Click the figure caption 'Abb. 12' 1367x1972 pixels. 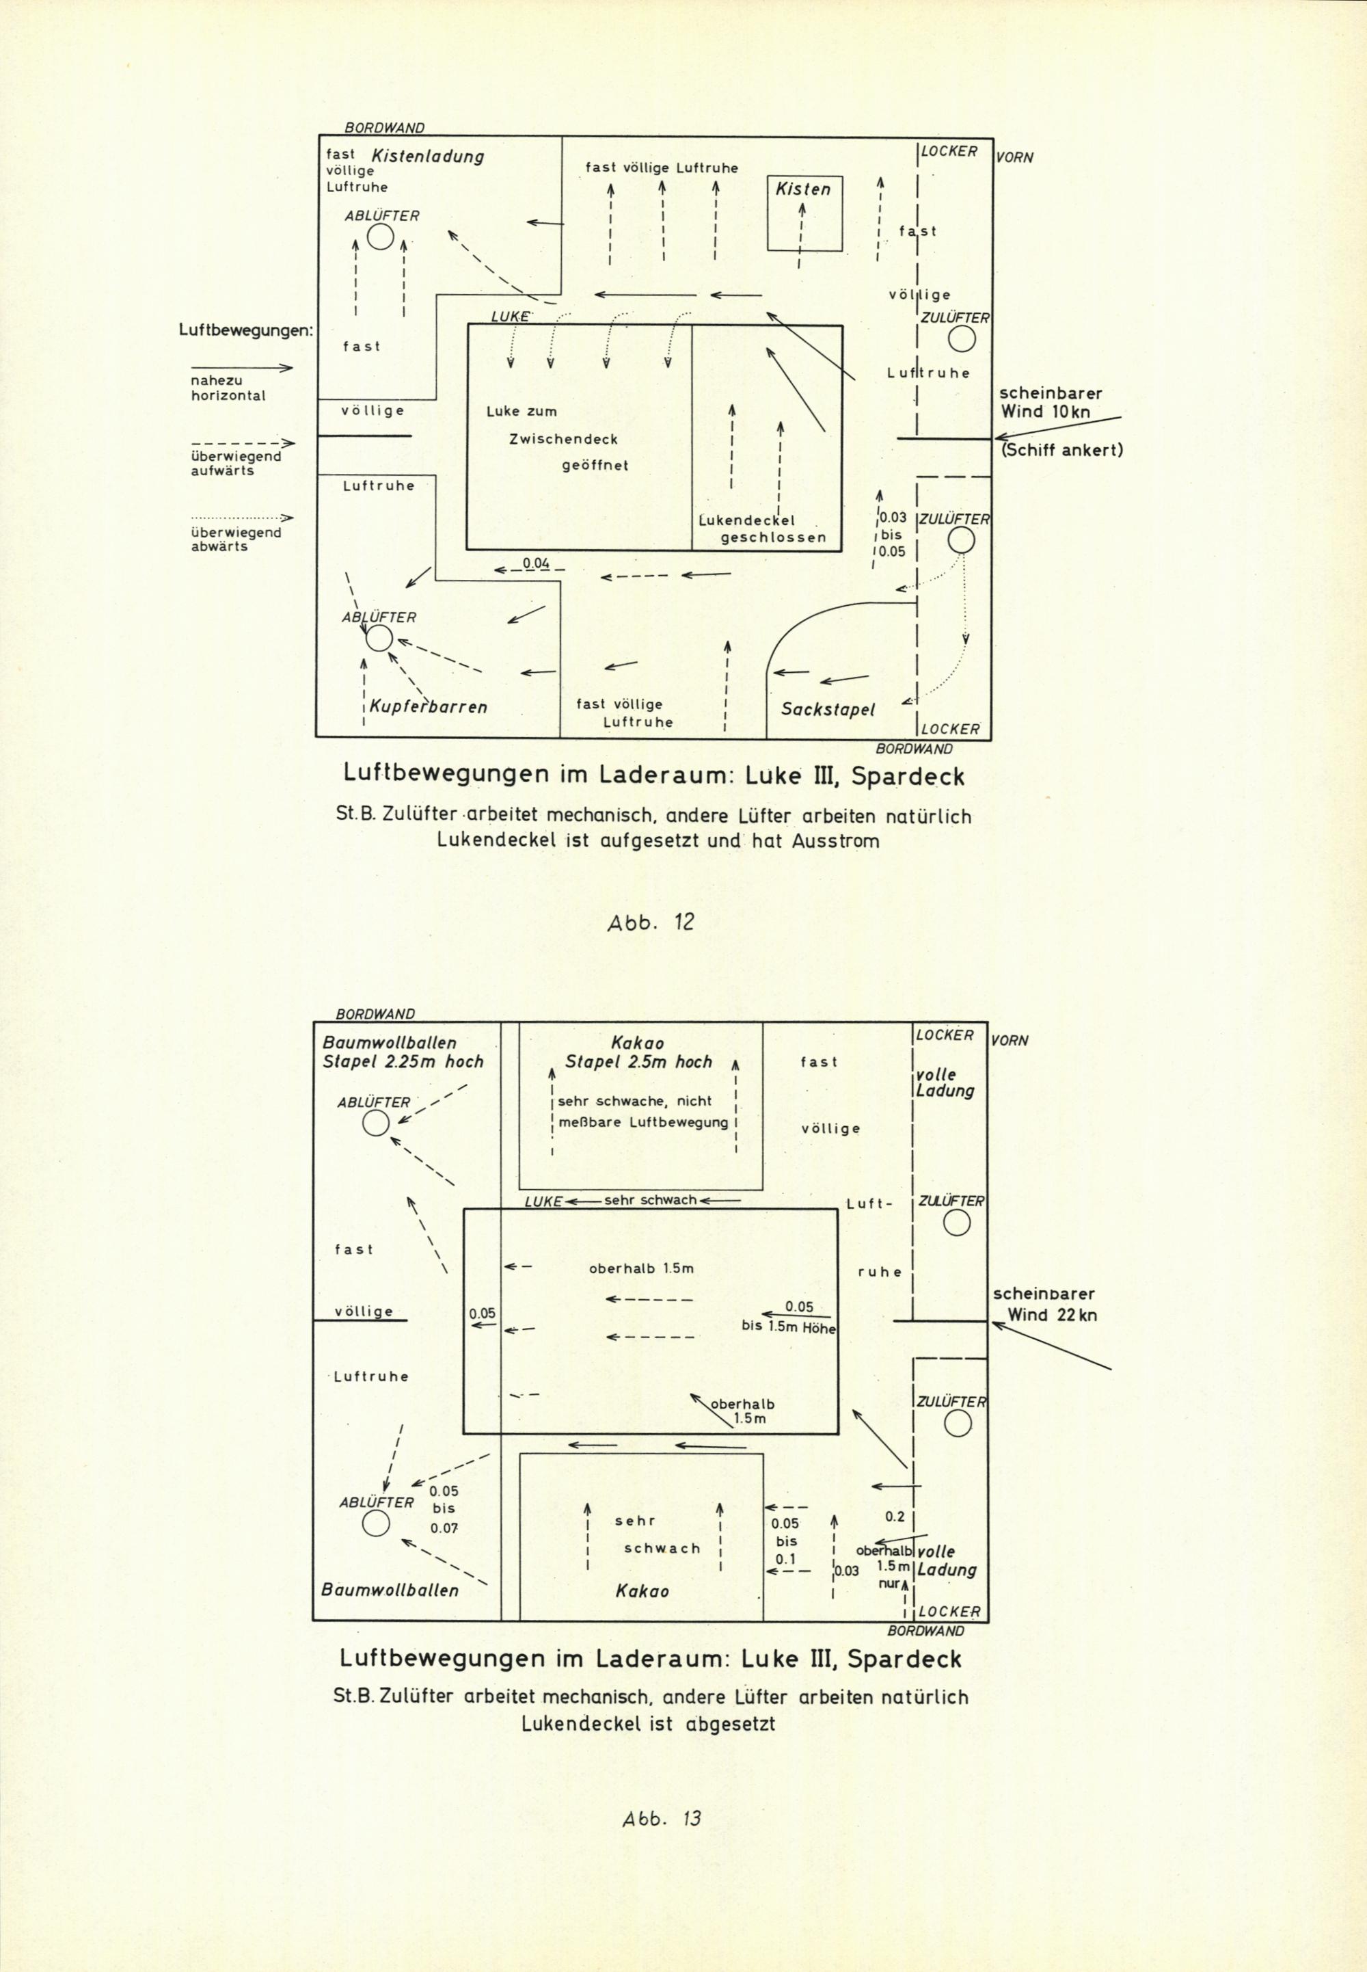651,922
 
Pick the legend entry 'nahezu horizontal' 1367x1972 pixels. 228,389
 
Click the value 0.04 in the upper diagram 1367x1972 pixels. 535,563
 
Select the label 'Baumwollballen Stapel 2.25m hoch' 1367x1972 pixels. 403,1052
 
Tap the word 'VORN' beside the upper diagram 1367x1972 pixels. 1014,158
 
